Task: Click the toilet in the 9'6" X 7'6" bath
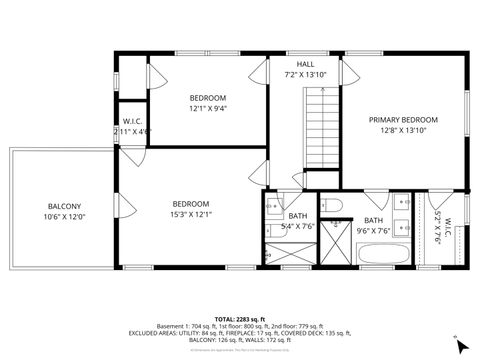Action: pyautogui.click(x=337, y=208)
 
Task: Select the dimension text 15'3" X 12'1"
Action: pyautogui.click(x=190, y=214)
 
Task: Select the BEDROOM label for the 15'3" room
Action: pyautogui.click(x=190, y=203)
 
